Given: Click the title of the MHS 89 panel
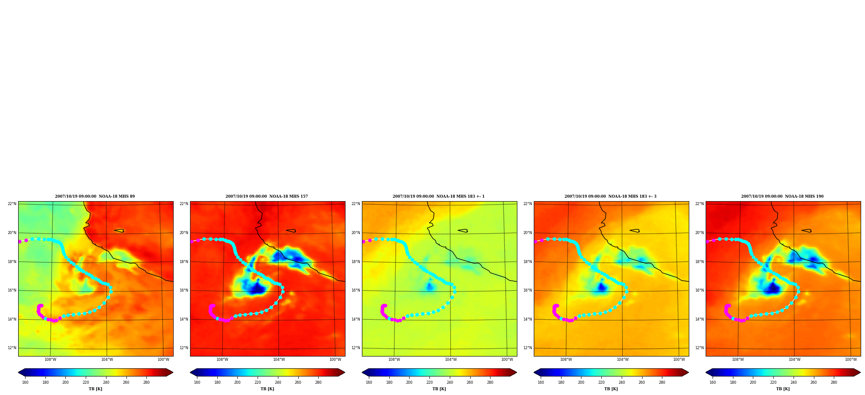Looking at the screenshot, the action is [95, 196].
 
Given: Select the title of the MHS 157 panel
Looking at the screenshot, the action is [267, 196].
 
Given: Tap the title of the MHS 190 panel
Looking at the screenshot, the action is [782, 196].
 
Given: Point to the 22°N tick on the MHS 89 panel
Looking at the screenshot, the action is [12, 204].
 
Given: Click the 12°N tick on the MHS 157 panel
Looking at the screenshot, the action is [184, 348].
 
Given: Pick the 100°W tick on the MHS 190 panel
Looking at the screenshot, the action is [851, 360].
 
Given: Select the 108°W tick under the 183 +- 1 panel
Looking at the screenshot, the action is [394, 360].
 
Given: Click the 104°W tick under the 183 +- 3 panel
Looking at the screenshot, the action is [623, 360].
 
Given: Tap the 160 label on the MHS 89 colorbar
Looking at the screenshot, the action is [25, 382].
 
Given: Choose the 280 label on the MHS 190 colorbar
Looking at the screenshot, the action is [834, 382].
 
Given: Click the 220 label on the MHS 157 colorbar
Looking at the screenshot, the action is [258, 382].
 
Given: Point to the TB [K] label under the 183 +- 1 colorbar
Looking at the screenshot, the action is [439, 389].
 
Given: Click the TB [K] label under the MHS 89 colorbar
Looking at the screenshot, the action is [96, 389].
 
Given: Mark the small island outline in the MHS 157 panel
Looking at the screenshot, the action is [291, 231].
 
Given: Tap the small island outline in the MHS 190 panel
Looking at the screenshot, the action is [807, 231].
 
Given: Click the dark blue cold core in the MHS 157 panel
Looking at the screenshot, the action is [257, 289].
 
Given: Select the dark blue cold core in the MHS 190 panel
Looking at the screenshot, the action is [772, 289].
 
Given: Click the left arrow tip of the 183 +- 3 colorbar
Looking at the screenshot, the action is [534, 373].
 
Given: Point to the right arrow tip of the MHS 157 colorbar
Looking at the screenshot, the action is [345, 373].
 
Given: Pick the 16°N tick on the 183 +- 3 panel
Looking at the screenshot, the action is [528, 290].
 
